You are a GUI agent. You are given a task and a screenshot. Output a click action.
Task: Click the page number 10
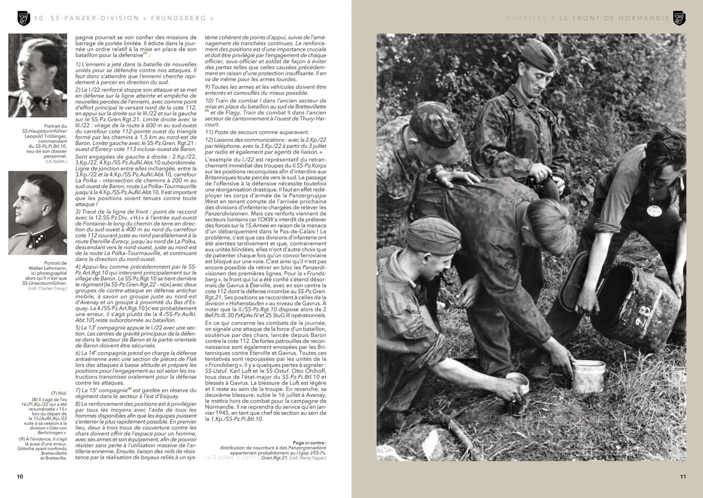[20, 476]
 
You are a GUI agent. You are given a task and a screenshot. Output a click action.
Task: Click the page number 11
[682, 476]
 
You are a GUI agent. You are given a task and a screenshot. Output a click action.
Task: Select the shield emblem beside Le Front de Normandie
[678, 18]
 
